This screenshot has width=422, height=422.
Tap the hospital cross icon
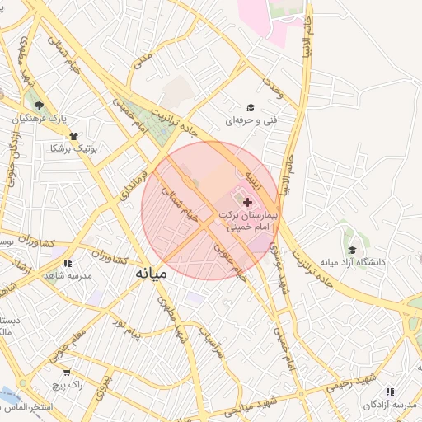[x=248, y=202]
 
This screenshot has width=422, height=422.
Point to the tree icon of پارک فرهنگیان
[x=39, y=105]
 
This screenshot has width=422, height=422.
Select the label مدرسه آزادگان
[x=390, y=405]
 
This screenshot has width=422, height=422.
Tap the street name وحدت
[x=273, y=88]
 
